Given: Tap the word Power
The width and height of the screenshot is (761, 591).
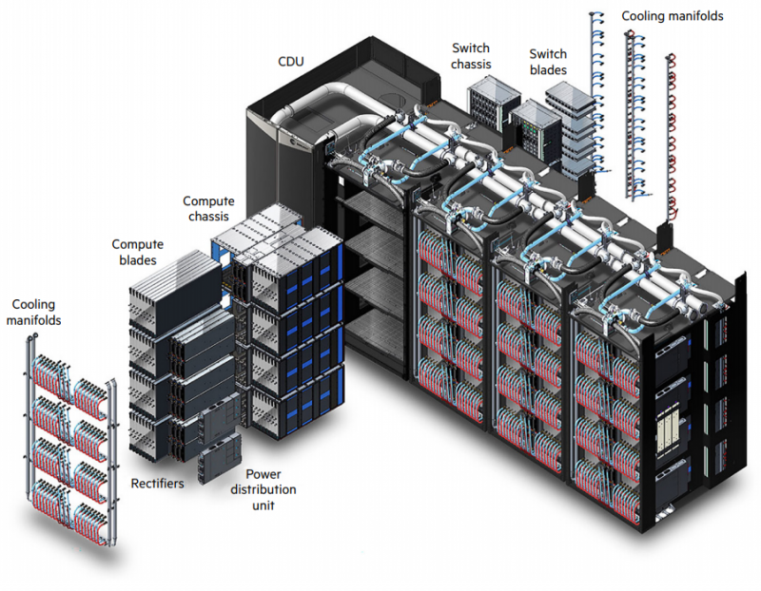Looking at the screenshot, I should pyautogui.click(x=263, y=474).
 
